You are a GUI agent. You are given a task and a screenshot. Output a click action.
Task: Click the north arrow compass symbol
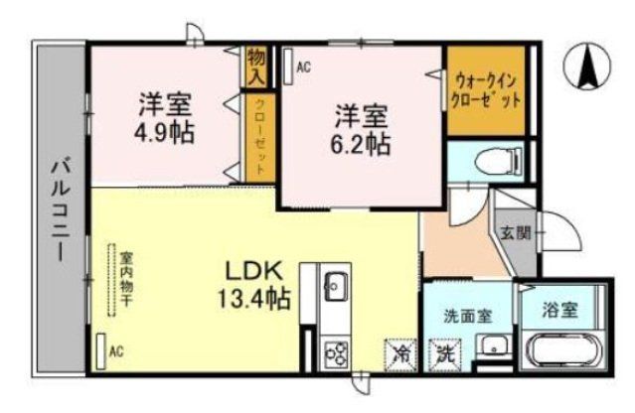click(585, 67)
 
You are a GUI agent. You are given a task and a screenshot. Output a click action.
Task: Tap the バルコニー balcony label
click(60, 213)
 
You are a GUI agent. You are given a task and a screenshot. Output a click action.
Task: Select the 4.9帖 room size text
click(165, 118)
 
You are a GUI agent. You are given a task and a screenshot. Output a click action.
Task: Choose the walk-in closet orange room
click(487, 90)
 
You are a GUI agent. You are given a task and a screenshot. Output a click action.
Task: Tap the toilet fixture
click(492, 160)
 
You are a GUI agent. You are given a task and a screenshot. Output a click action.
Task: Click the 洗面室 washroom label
click(464, 318)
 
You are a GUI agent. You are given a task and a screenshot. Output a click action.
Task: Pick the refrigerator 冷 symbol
click(398, 352)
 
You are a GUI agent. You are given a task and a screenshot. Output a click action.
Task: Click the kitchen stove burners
click(335, 352)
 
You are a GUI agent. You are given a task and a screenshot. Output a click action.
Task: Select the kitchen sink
click(334, 287)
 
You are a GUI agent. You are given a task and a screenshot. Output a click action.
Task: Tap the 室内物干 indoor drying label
click(127, 281)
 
